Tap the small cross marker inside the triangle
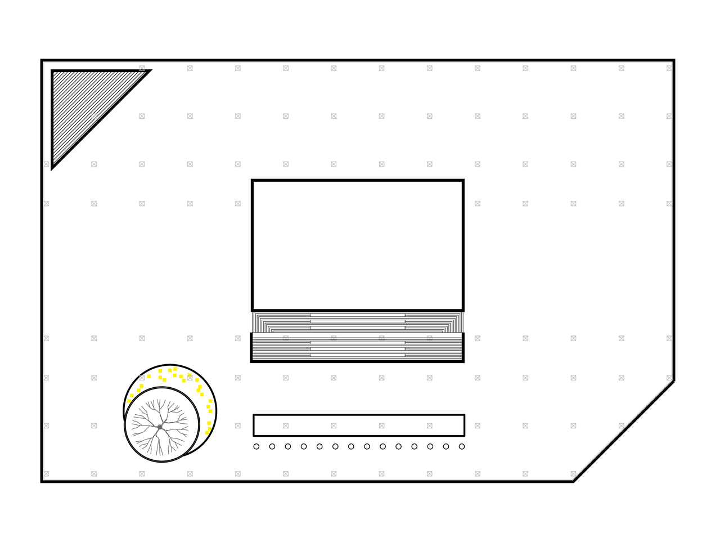pyautogui.click(x=94, y=115)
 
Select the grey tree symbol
pyautogui.click(x=160, y=427)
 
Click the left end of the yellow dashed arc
pyautogui.click(x=129, y=401)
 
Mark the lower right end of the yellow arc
pyautogui.click(x=207, y=433)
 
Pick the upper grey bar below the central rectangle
pyautogui.click(x=357, y=322)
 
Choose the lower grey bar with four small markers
pyautogui.click(x=357, y=348)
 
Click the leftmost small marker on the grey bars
pyautogui.click(x=286, y=338)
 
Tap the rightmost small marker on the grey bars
pyautogui.click(x=430, y=338)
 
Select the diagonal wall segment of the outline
pyautogui.click(x=622, y=429)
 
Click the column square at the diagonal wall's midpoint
pyautogui.click(x=622, y=426)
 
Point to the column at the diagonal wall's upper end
pyautogui.click(x=668, y=378)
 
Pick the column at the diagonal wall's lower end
pyautogui.click(x=573, y=474)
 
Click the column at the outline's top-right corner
pyautogui.click(x=668, y=68)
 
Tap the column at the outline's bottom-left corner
pyautogui.click(x=47, y=474)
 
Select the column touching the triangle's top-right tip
pyautogui.click(x=142, y=68)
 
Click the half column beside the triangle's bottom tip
pyautogui.click(x=47, y=164)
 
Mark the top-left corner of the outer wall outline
pyautogui.click(x=44, y=62)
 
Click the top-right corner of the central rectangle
pyautogui.click(x=465, y=178)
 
